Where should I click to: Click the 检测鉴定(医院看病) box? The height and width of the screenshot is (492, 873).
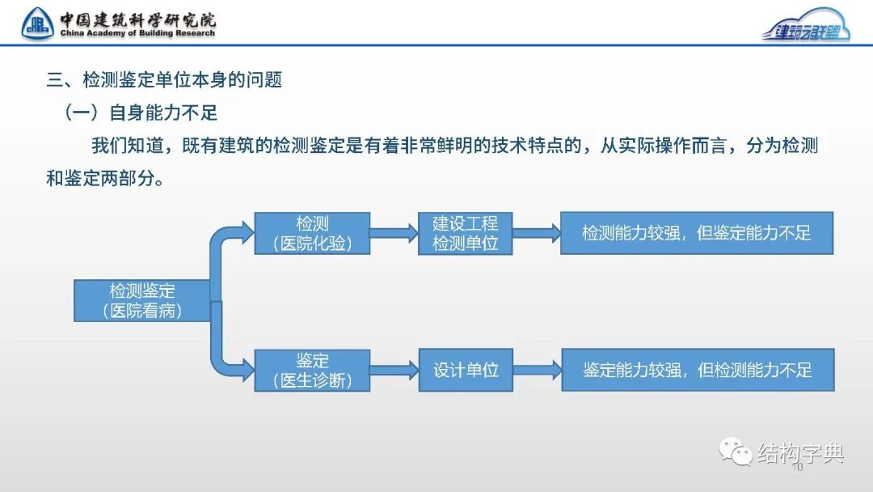click(142, 300)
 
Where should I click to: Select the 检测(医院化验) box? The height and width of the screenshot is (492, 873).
click(312, 233)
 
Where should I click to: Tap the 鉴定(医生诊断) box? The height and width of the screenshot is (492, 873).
click(312, 371)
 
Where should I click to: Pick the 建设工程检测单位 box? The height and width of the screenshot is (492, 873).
click(465, 233)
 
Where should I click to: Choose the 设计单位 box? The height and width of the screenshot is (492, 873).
click(466, 371)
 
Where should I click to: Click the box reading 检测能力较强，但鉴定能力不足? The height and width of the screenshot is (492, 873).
click(696, 233)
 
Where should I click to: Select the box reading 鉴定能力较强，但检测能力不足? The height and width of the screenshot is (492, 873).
click(697, 371)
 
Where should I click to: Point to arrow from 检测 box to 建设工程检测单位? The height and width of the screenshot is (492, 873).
click(394, 233)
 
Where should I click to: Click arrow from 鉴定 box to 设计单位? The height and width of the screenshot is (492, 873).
click(394, 371)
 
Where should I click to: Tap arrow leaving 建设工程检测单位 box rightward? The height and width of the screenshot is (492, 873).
click(536, 233)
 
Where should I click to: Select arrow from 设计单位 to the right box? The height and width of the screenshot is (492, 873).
click(537, 371)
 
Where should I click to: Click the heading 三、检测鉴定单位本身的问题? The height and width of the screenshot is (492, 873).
click(164, 80)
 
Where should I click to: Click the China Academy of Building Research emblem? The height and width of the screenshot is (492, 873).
click(37, 23)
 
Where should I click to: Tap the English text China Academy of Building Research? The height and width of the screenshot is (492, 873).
click(137, 34)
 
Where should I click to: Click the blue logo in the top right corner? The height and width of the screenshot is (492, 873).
click(806, 25)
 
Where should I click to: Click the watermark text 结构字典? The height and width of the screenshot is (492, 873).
click(800, 453)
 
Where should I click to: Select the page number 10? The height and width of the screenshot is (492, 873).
click(797, 468)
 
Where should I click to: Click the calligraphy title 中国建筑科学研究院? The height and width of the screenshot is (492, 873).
click(137, 19)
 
